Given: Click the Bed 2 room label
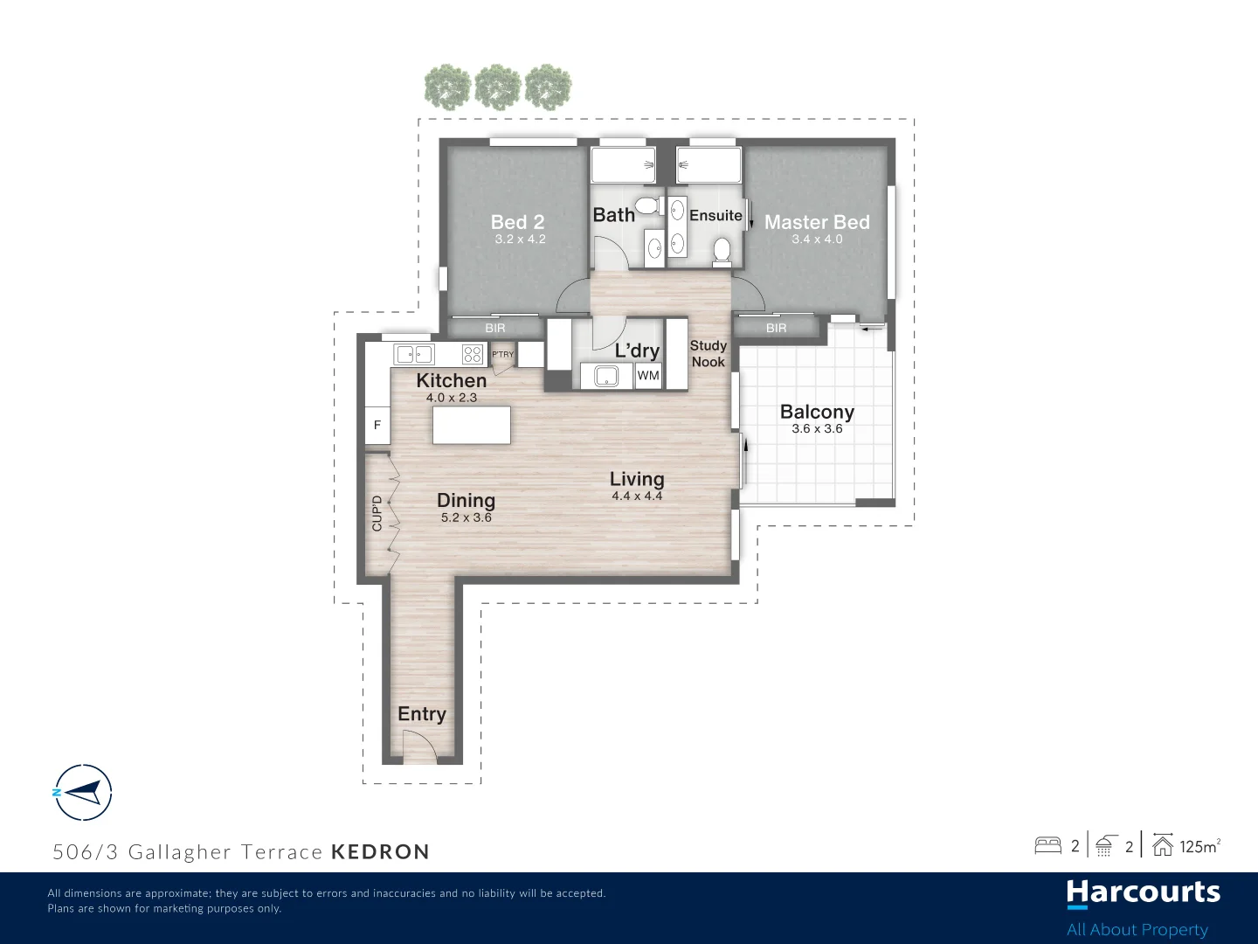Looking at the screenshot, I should click(517, 222).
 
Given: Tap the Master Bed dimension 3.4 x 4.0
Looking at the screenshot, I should click(817, 239).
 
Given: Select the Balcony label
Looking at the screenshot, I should click(817, 412).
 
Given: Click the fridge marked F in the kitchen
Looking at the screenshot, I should click(377, 426).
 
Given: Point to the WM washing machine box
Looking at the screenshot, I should click(648, 376).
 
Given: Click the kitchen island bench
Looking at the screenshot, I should click(472, 425).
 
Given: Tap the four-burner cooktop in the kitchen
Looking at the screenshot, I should click(473, 354).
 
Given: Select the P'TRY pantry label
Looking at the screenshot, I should click(503, 354).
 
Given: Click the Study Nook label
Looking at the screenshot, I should click(708, 354).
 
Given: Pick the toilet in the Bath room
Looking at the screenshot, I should click(646, 206).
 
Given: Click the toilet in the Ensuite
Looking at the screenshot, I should click(722, 251).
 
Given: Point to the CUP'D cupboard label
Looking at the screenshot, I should click(377, 514).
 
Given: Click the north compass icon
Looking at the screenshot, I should click(83, 793).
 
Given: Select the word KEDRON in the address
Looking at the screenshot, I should click(380, 852).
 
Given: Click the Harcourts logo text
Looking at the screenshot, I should click(1143, 893).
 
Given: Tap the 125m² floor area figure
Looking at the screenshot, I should click(1199, 846).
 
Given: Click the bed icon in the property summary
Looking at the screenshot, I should click(1047, 846).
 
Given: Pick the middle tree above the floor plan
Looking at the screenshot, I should click(498, 87).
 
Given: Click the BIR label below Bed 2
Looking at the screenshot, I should click(495, 329).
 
